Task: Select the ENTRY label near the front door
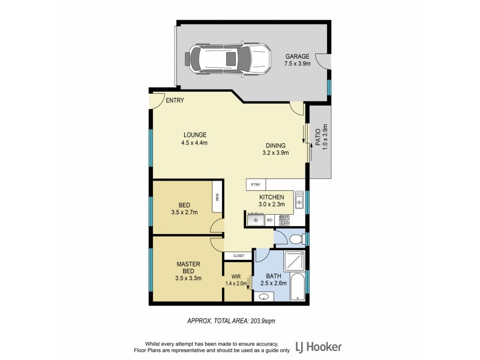tap(175, 100)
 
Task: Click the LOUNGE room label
tap(195, 135)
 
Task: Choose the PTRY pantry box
tap(256, 185)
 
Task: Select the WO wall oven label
tap(269, 220)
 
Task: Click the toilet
tap(295, 239)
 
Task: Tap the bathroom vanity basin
tap(265, 296)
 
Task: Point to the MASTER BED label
tap(188, 268)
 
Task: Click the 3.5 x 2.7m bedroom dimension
tap(184, 212)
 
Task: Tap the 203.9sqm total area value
tap(263, 321)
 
